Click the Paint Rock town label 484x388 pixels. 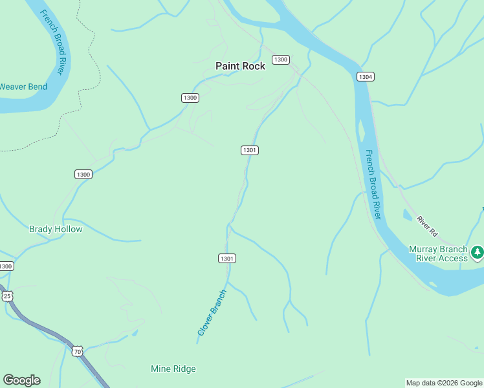point(240,66)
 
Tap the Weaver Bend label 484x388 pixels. point(23,87)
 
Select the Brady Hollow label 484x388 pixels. point(56,229)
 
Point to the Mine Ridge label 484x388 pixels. point(173,369)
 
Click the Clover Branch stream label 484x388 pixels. point(212,312)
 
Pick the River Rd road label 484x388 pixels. point(428,226)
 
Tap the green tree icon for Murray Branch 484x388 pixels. point(478,252)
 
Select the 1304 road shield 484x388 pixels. point(365,76)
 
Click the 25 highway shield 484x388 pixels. point(6,296)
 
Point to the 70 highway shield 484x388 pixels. point(77,351)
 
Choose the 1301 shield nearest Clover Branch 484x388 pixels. point(226,258)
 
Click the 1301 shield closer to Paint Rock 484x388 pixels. point(250,150)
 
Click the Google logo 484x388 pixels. point(21,380)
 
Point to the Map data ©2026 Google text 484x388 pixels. point(444,383)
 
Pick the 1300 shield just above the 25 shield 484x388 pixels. point(6,266)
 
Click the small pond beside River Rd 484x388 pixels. point(406,215)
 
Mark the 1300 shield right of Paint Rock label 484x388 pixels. point(280,59)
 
